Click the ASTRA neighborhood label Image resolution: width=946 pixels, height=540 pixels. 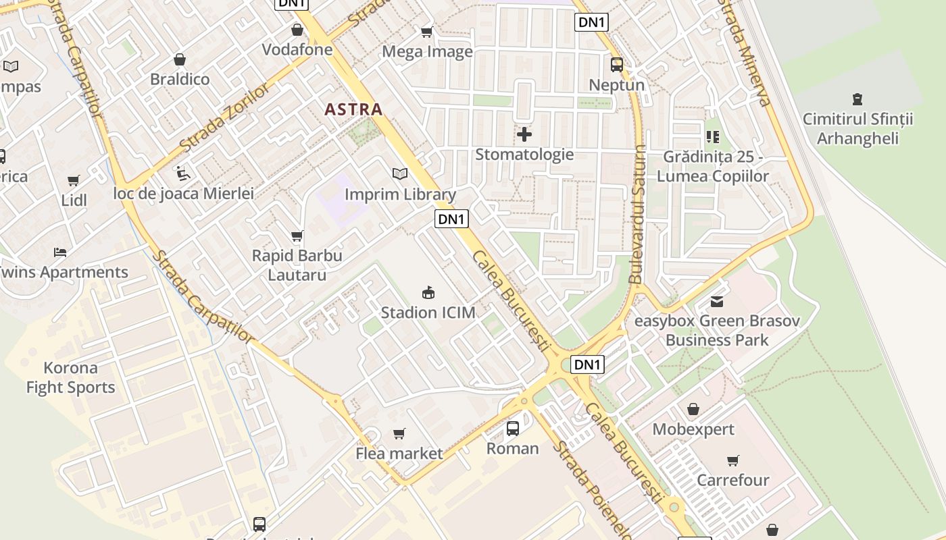click(x=353, y=109)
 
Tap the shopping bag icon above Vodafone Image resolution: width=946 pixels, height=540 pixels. click(x=297, y=30)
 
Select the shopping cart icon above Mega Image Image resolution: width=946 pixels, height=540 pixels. click(x=426, y=32)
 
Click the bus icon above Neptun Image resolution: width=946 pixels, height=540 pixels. click(x=616, y=65)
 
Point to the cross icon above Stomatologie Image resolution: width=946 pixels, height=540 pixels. click(x=524, y=134)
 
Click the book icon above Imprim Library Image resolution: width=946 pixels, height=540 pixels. click(x=400, y=174)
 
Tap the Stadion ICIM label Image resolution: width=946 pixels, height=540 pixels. click(x=428, y=312)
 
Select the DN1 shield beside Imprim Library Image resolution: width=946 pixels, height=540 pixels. click(x=451, y=219)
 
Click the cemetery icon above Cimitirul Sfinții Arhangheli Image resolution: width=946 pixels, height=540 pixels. click(x=857, y=99)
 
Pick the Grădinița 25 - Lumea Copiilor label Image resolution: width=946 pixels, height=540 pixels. click(x=716, y=167)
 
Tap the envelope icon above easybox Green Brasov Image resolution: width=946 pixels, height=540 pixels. click(x=716, y=301)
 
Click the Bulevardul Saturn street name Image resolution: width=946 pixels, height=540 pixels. click(x=637, y=214)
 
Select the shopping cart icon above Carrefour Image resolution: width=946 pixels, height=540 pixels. click(x=732, y=460)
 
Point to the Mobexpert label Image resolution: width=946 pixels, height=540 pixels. click(x=693, y=429)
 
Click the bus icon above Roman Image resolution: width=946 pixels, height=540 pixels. click(x=512, y=428)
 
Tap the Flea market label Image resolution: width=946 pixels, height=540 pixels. click(x=399, y=453)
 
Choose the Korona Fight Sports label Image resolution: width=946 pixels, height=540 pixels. click(x=71, y=377)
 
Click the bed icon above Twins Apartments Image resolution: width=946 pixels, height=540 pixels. click(x=60, y=252)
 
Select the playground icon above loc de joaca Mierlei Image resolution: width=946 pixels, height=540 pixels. click(x=182, y=173)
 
